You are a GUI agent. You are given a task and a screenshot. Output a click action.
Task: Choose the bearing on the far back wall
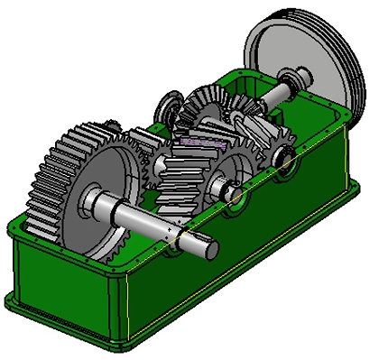tap(168, 107)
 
